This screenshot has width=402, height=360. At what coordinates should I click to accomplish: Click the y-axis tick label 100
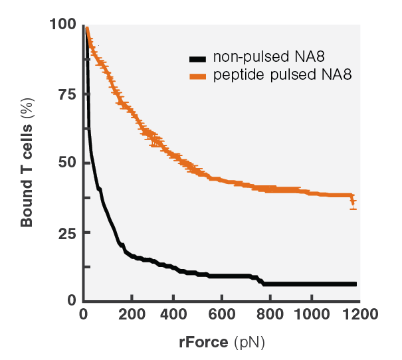(x=63, y=25)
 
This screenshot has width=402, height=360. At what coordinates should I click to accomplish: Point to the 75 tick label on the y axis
(x=66, y=94)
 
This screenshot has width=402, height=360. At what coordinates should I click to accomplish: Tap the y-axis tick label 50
(x=66, y=163)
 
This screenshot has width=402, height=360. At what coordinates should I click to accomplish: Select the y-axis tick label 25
(x=66, y=233)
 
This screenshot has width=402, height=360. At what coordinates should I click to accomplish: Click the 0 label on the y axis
(x=71, y=300)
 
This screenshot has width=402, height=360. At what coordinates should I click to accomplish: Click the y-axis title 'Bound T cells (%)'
(x=27, y=163)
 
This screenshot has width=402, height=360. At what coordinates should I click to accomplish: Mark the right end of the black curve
(x=355, y=284)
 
